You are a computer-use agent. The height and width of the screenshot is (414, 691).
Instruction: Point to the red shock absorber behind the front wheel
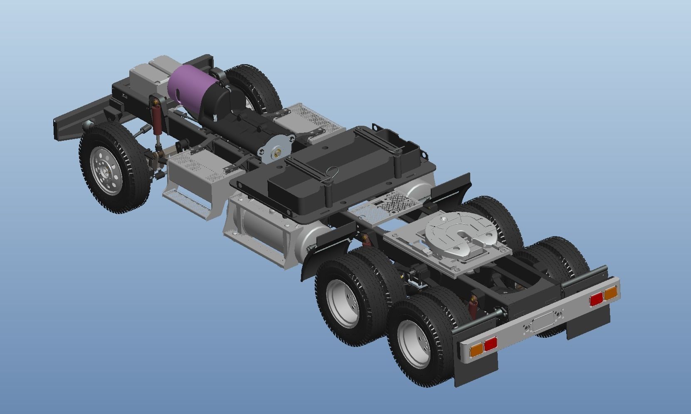(x=157, y=120)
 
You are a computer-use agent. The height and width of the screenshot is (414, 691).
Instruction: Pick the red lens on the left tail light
(x=491, y=344)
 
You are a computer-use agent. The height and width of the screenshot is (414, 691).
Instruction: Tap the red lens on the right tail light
(x=596, y=299)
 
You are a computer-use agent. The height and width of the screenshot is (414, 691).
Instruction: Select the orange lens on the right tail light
(x=610, y=293)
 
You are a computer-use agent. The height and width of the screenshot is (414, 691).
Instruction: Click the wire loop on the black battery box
(x=333, y=171)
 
